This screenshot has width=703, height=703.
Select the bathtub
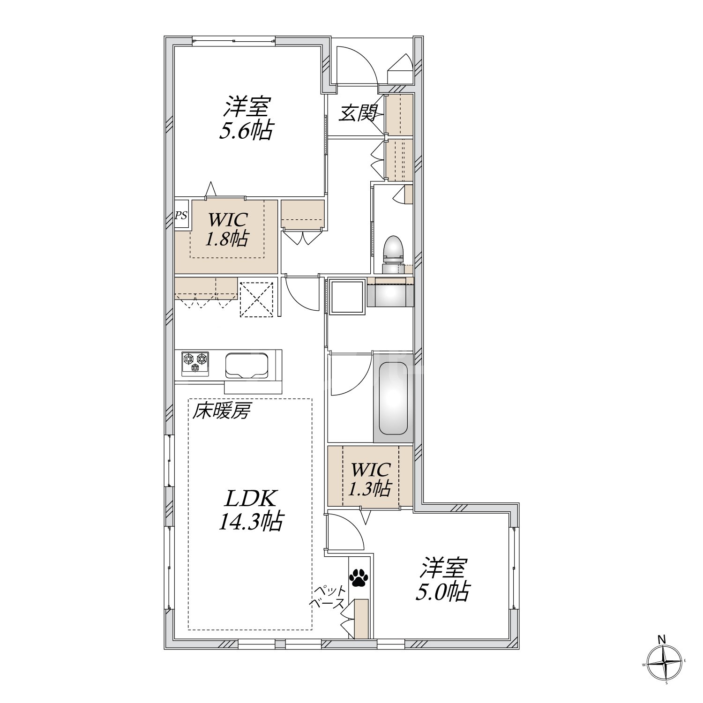click(x=393, y=398)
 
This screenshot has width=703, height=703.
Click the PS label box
click(x=181, y=215)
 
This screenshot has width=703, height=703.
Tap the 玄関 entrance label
click(x=358, y=113)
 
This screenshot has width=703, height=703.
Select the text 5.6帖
click(x=246, y=131)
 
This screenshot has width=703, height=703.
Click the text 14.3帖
click(x=251, y=521)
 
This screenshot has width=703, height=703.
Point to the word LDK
click(x=251, y=499)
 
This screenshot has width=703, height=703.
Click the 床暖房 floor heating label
click(x=222, y=411)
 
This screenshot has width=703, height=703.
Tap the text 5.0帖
click(x=442, y=591)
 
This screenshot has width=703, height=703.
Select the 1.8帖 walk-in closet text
click(x=226, y=239)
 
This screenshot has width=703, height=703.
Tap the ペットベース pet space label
click(x=329, y=597)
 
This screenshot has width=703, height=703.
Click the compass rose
click(x=665, y=663)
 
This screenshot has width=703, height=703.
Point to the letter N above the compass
click(x=662, y=639)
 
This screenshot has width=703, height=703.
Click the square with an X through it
click(x=256, y=298)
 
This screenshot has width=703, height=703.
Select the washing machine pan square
click(x=347, y=297)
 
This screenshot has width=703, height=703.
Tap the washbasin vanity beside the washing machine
click(x=390, y=292)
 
